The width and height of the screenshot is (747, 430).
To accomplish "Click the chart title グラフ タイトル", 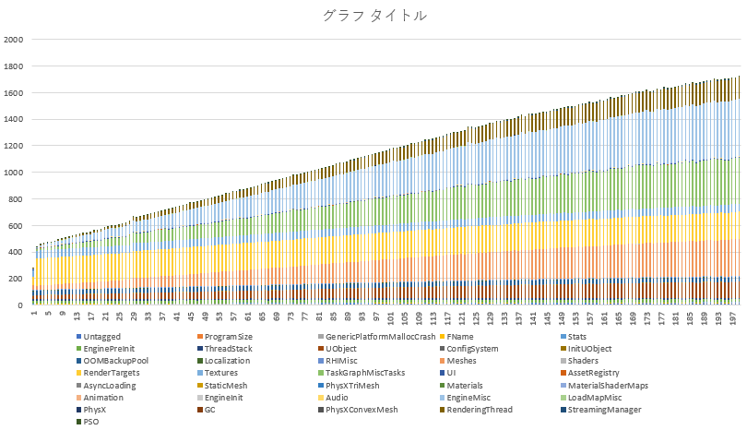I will coord(373,16).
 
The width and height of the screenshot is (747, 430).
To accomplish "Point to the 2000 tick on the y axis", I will coord(13,40).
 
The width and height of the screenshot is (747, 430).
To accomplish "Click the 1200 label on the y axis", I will coord(13,146).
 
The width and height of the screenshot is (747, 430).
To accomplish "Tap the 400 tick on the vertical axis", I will coord(16,252).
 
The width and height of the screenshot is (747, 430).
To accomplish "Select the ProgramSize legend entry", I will coord(228,337).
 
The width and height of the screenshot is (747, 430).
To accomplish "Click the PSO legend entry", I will coord(91,421).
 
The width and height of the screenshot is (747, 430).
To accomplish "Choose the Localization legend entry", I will coord(227,361).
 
